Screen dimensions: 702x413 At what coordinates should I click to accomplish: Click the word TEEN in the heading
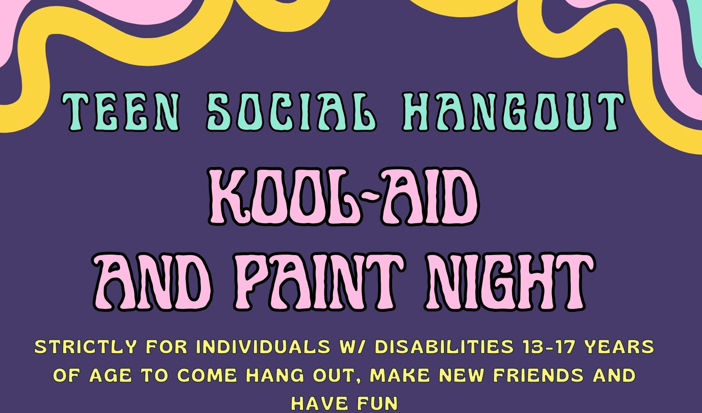click(120, 112)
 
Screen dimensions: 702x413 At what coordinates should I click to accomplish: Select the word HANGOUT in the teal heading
click(513, 112)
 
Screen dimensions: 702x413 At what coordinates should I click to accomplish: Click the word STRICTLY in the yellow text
click(85, 347)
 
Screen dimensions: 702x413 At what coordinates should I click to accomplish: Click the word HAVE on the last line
click(319, 403)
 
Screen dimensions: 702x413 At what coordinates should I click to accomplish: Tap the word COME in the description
click(207, 375)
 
